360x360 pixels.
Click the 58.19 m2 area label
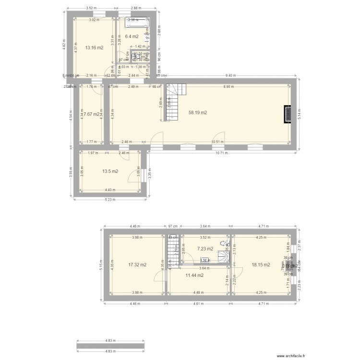(198, 113)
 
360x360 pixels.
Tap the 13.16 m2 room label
(94, 48)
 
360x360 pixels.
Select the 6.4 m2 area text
(132, 36)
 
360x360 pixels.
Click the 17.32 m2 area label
(137, 264)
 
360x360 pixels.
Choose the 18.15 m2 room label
(261, 264)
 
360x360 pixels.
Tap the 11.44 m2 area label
(194, 275)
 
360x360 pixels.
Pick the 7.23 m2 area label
(205, 249)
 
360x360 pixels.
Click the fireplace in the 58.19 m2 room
(287, 114)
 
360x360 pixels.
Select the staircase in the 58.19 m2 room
(173, 101)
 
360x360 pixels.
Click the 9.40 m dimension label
(231, 75)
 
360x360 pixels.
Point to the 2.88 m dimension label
(138, 8)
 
